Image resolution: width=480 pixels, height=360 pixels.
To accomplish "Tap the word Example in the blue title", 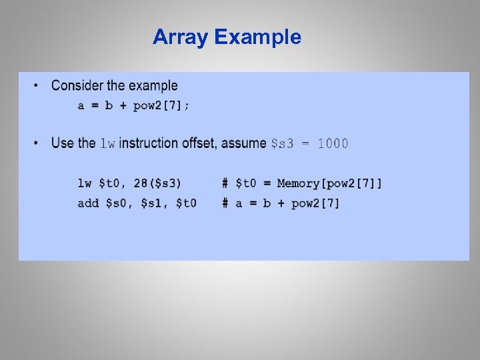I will [258, 37].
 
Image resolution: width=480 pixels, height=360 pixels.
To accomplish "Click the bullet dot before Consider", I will [36, 86].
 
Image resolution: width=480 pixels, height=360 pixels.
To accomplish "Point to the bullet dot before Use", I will [36, 143].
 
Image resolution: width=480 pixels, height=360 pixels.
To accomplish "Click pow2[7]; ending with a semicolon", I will [161, 106].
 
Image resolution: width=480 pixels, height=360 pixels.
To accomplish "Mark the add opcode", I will [88, 203].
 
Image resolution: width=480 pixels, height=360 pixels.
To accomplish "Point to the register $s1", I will [154, 203].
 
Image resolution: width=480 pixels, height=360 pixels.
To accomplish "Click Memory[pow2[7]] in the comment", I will [329, 183].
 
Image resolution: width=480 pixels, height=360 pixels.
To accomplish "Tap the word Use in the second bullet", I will [63, 143].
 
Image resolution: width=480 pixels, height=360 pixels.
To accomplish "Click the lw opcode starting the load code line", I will [85, 183].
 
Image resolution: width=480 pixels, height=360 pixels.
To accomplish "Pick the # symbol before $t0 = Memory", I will [226, 183].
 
